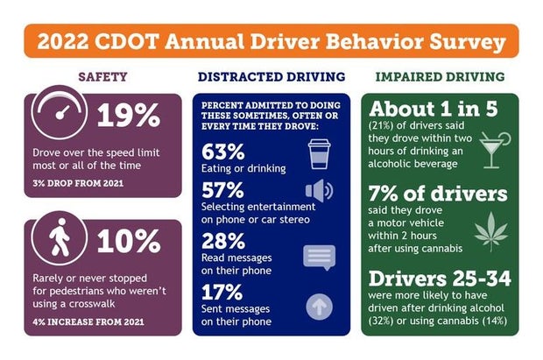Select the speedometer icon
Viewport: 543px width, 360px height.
(x=60, y=117)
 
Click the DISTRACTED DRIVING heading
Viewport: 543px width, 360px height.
(x=271, y=76)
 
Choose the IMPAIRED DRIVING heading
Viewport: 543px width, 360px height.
(x=438, y=76)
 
